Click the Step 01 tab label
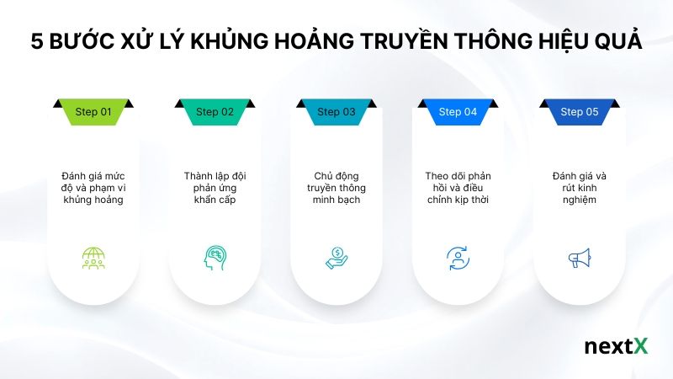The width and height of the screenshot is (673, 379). tap(93, 112)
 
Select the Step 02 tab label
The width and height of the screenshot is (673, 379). tap(215, 112)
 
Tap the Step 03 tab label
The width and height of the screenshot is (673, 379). tap(336, 112)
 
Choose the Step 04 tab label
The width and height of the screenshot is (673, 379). tap(458, 112)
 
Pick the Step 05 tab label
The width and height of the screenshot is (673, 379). tap(579, 112)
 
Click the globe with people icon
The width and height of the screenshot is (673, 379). tap(93, 258)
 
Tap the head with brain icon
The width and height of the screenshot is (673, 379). tap(215, 258)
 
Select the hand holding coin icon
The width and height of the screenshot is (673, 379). tap(336, 258)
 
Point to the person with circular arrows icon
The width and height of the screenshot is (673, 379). tap(458, 258)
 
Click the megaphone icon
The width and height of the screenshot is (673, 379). tap(579, 258)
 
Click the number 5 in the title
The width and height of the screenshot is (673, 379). tap(36, 42)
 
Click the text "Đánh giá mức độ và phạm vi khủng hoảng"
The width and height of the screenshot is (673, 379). tap(93, 188)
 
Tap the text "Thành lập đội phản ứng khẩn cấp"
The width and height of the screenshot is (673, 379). tap(215, 188)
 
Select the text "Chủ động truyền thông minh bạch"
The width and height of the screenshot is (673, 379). tap(336, 188)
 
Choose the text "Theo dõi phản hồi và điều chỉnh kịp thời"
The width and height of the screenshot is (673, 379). tap(458, 188)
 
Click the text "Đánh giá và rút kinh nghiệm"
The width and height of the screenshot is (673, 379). tap(579, 188)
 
